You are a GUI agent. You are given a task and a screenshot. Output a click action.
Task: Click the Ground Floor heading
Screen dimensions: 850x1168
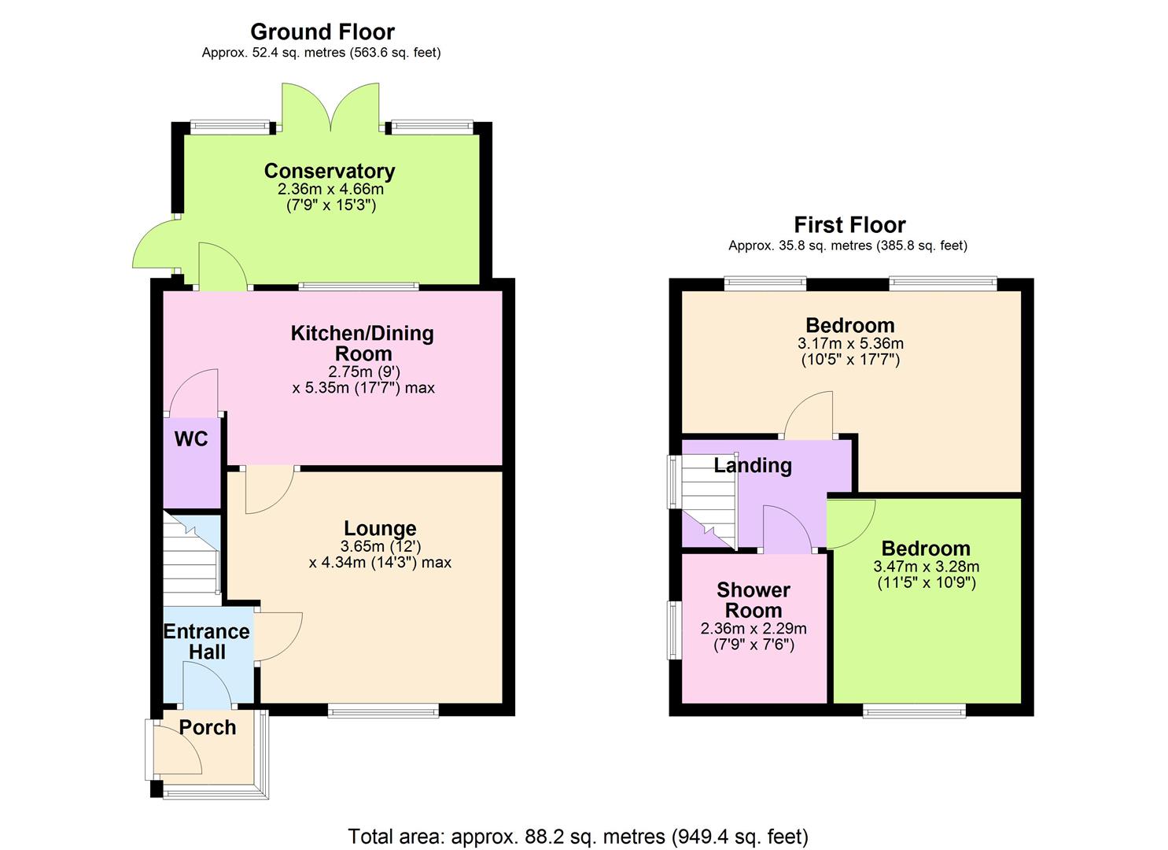(x=322, y=32)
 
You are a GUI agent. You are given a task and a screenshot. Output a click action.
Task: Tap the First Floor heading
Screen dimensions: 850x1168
(x=849, y=225)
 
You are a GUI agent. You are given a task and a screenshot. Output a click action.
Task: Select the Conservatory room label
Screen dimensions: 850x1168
(x=330, y=171)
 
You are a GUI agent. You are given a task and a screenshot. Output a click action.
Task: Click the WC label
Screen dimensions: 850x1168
(x=191, y=439)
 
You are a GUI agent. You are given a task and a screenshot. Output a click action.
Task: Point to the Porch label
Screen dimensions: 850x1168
(x=208, y=728)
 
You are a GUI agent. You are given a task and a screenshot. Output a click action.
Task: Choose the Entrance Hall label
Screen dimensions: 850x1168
(x=207, y=641)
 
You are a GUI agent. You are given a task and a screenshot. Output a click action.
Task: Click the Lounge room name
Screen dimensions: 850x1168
(x=380, y=529)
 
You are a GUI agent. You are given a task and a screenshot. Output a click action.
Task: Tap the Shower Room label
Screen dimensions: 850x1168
(x=753, y=601)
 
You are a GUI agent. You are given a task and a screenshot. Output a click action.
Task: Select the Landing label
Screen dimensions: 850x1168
(x=753, y=465)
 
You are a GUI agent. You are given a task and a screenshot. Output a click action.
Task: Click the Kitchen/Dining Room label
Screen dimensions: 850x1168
(x=363, y=343)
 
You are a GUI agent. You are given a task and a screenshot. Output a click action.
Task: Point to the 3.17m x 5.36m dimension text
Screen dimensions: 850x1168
(x=850, y=344)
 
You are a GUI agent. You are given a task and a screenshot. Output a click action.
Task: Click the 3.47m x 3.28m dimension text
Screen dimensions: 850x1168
(x=927, y=567)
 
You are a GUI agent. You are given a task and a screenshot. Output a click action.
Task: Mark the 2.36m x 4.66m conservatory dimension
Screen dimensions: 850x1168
(x=330, y=190)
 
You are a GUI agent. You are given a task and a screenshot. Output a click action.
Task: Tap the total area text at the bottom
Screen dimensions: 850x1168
(x=578, y=836)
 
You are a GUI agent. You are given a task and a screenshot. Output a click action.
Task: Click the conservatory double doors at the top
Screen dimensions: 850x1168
(x=331, y=106)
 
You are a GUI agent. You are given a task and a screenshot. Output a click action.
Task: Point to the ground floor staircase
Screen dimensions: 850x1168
(x=190, y=559)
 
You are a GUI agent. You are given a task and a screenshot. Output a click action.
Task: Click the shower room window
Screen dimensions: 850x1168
(x=674, y=630)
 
